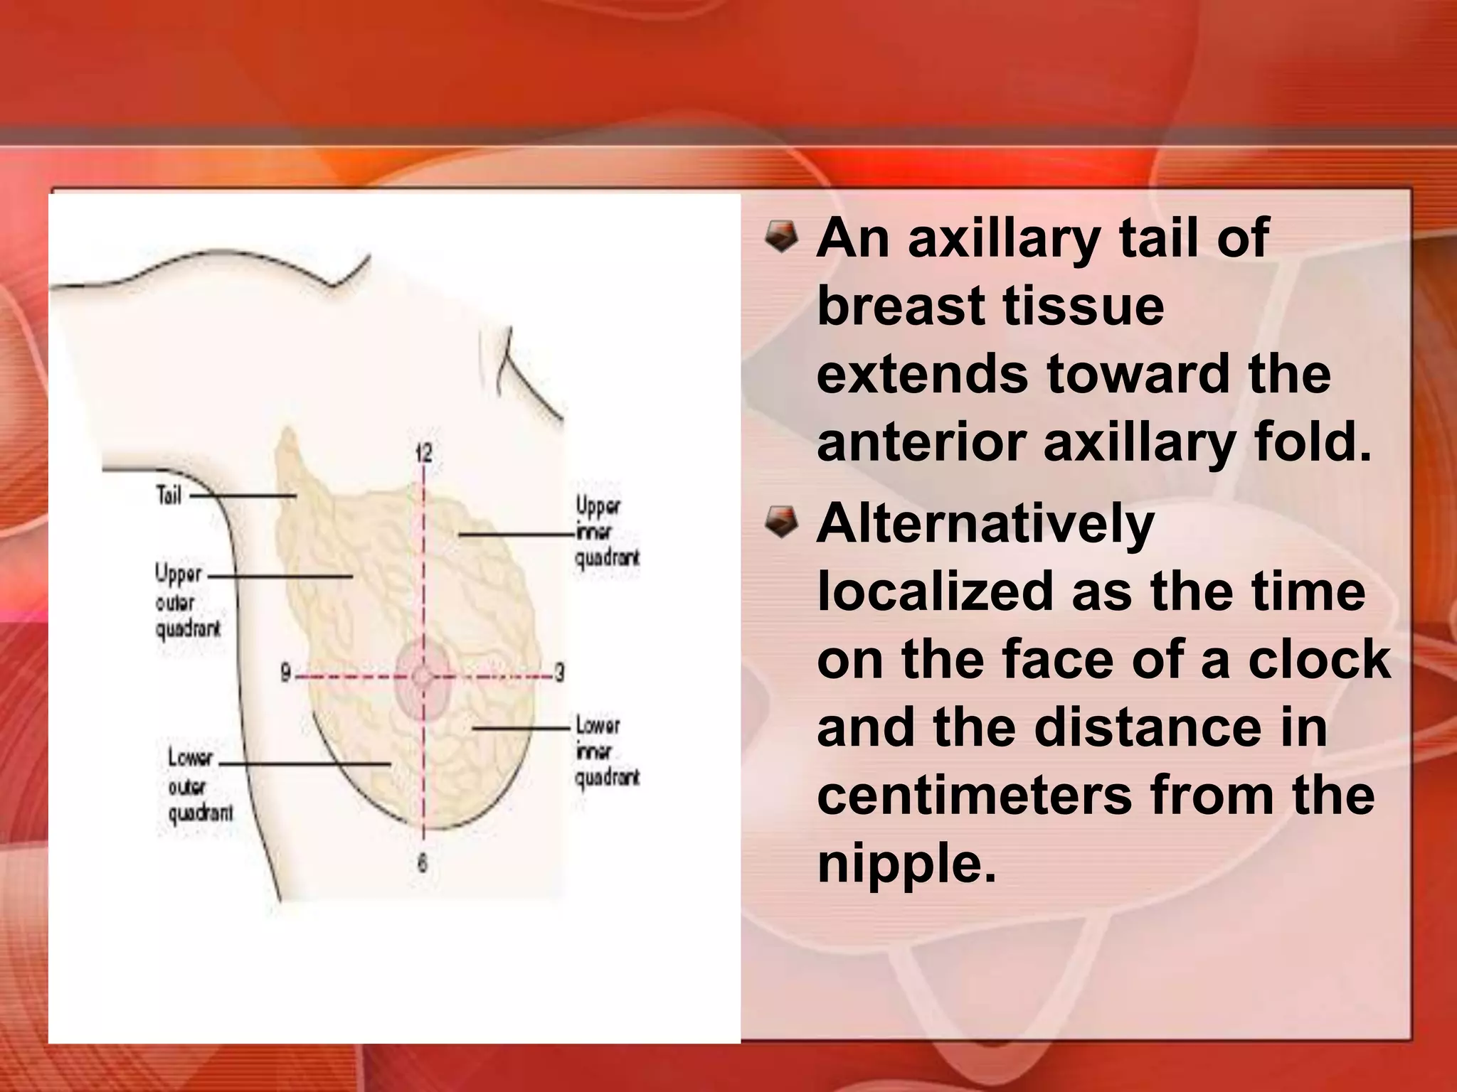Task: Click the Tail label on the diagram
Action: (169, 495)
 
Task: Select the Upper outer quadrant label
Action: (188, 601)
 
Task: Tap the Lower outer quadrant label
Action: (199, 786)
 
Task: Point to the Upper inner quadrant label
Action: (606, 532)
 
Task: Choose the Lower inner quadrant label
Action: (606, 751)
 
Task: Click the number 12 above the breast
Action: (424, 452)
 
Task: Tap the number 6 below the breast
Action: (423, 863)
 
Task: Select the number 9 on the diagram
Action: (285, 673)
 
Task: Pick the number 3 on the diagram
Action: (560, 673)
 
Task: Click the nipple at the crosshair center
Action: (423, 676)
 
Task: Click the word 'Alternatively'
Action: (985, 525)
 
